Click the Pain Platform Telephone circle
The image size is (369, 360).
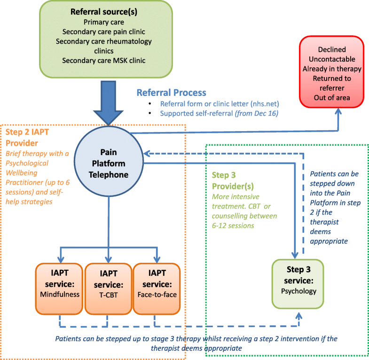pyautogui.click(x=109, y=161)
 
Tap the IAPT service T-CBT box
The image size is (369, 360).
pyautogui.click(x=108, y=288)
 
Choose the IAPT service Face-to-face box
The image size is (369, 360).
pyautogui.click(x=156, y=288)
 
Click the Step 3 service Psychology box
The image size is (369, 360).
pyautogui.click(x=298, y=283)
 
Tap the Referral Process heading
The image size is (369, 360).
pyautogui.click(x=171, y=93)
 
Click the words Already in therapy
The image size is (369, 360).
pyautogui.click(x=331, y=69)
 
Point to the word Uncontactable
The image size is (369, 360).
pyautogui.click(x=331, y=59)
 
